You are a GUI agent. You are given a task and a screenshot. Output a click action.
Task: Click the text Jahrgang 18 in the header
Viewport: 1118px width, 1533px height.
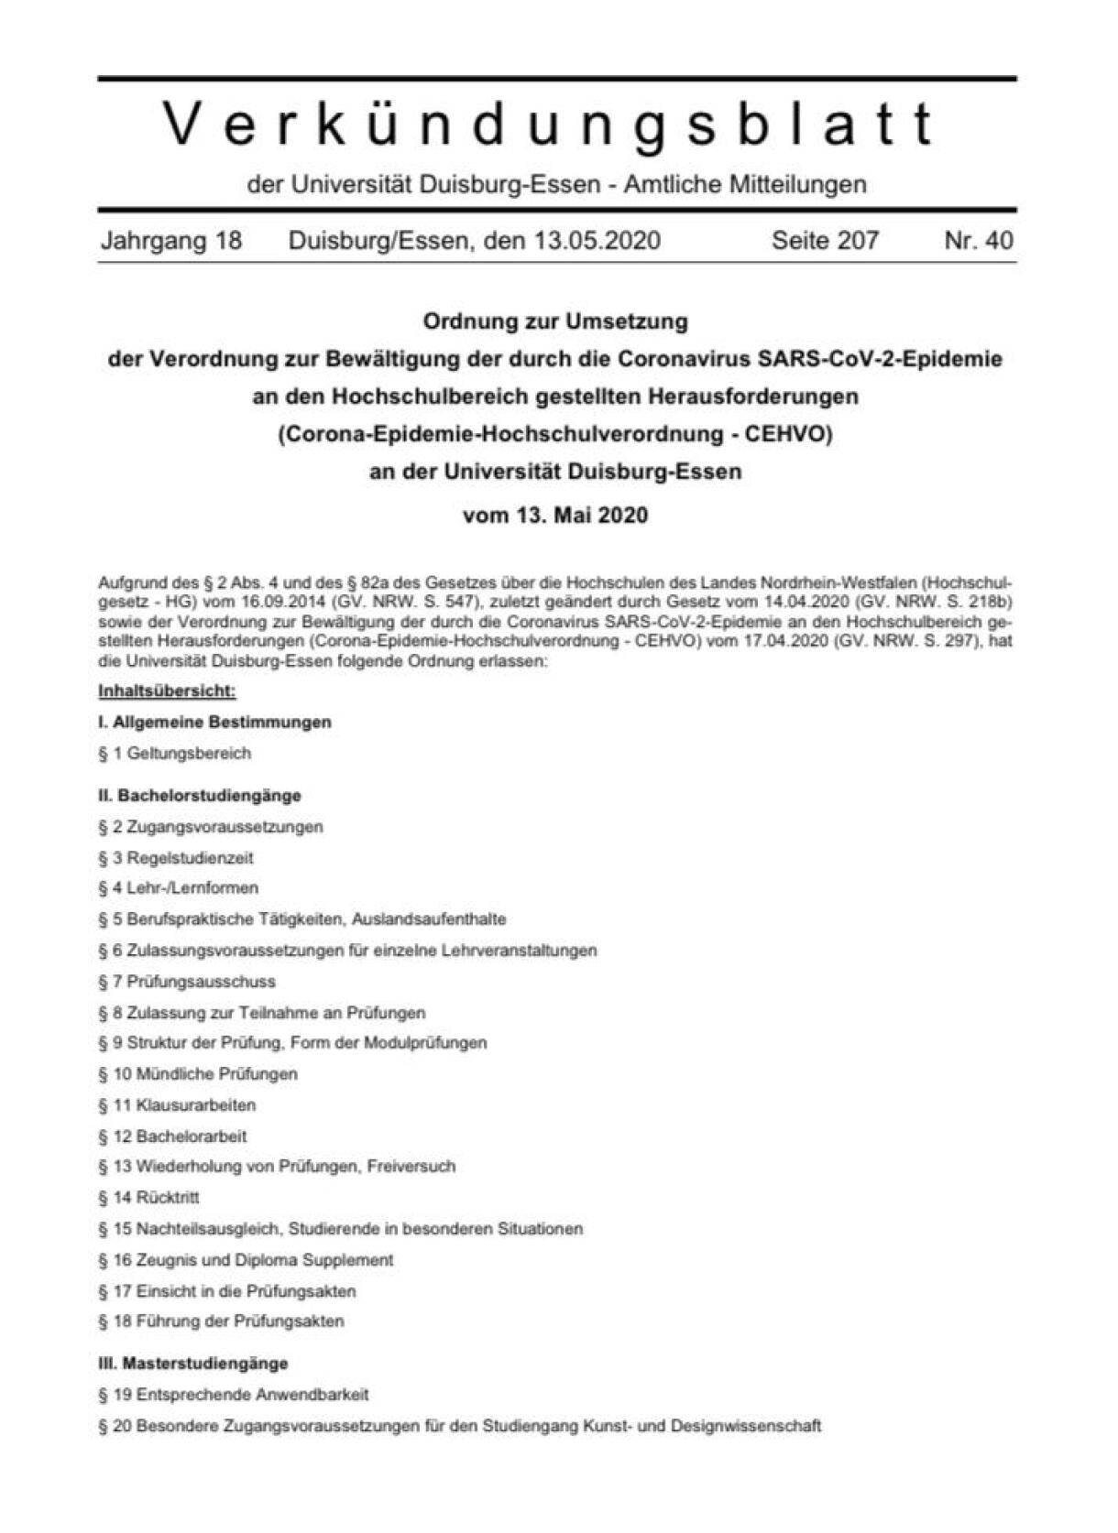coord(171,240)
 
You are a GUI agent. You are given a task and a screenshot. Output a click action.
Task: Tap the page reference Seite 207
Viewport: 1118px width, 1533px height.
coord(825,240)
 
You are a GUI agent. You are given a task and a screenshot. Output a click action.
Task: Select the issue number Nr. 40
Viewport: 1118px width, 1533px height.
coord(979,240)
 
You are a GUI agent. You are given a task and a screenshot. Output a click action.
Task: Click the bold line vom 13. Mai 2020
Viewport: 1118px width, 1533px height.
coord(555,515)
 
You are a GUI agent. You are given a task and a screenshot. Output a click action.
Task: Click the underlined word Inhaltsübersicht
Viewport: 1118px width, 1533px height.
coord(167,690)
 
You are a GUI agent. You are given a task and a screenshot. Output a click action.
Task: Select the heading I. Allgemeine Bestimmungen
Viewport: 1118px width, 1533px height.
coord(214,722)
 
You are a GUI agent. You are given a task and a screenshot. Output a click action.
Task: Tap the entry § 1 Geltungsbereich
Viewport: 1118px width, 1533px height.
coord(174,753)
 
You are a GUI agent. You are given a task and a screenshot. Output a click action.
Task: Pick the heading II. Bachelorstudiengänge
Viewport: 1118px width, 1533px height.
coord(200,795)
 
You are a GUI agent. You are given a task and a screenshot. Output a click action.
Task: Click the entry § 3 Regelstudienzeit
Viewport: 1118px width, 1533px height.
coord(176,858)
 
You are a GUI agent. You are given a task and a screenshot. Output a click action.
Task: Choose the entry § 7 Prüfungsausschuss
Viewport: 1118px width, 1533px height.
coord(187,981)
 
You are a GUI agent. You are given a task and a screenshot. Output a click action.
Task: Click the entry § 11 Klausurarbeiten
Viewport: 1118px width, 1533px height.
coord(177,1104)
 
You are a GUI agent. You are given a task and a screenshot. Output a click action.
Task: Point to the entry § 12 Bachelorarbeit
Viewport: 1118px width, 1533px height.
coord(172,1136)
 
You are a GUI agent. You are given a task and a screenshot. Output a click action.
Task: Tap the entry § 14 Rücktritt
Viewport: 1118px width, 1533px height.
coord(148,1197)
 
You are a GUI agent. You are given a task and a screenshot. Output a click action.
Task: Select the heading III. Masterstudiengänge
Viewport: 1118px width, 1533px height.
coord(192,1363)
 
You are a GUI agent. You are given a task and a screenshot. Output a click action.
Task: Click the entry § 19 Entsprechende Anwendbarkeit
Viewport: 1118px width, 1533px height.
coord(234,1394)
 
